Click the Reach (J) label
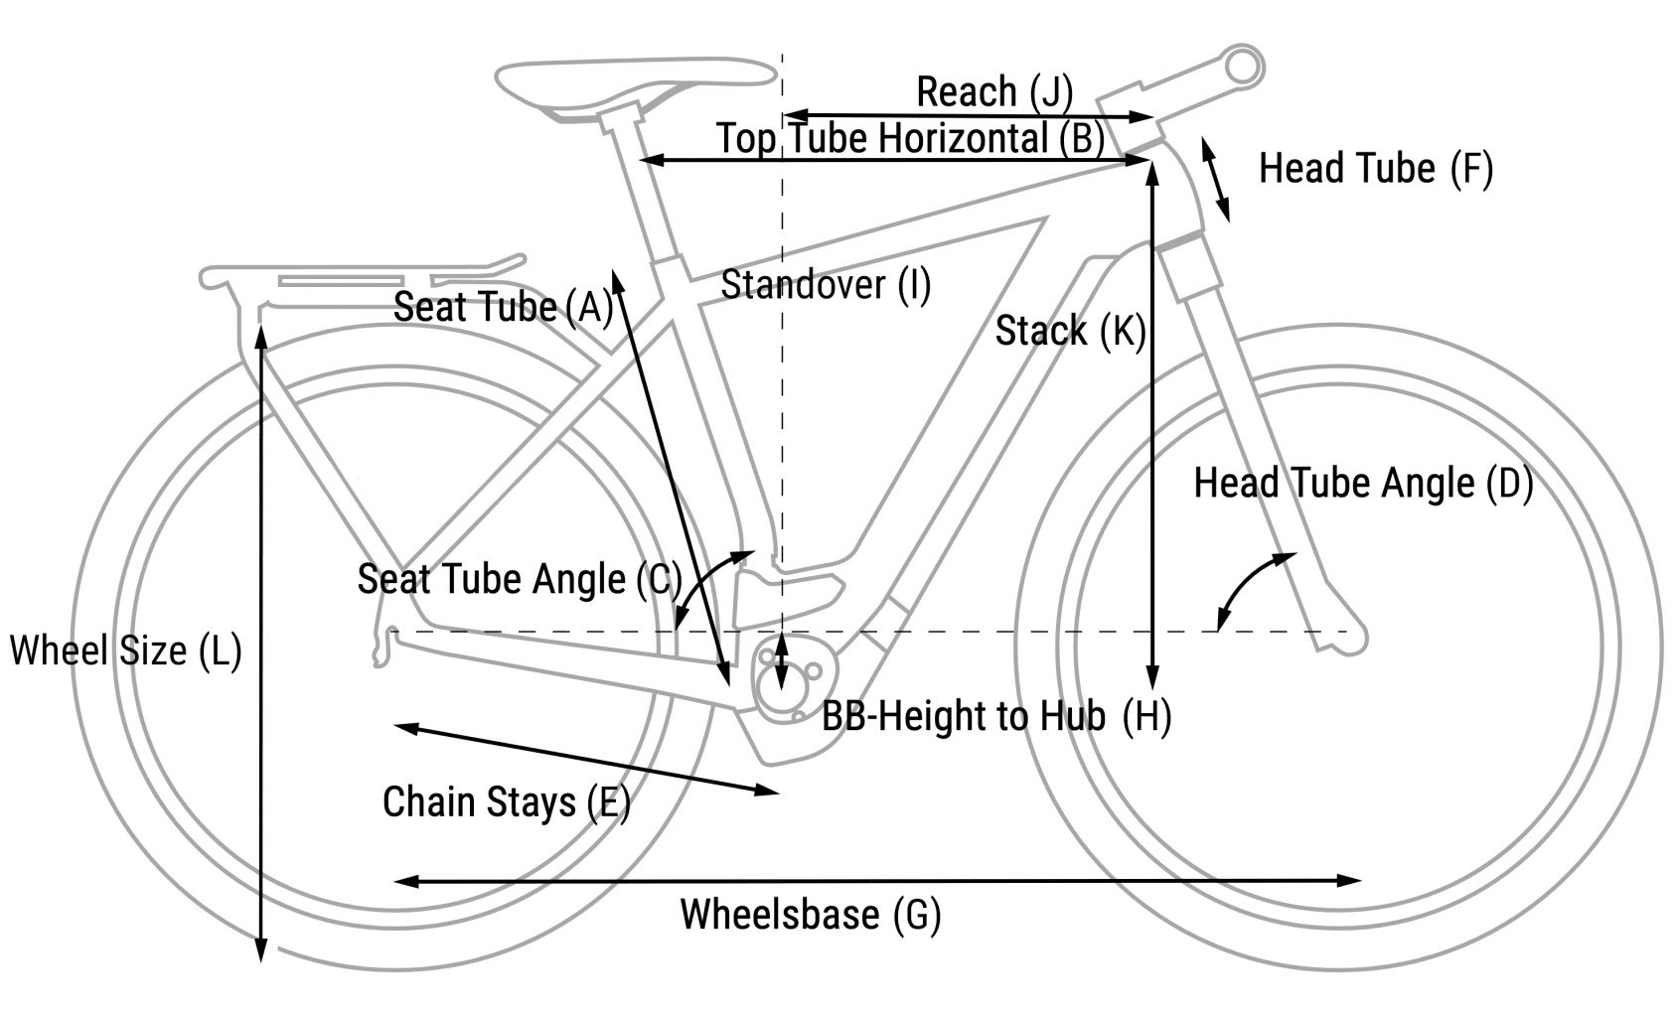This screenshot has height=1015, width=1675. pos(993,92)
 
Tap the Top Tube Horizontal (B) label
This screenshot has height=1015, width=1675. pos(910,138)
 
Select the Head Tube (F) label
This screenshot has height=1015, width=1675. pos(1375,169)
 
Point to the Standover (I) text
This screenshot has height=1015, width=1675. pos(825,285)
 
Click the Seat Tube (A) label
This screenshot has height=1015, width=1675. pos(503,307)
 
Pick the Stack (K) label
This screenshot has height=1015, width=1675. pos(1070,331)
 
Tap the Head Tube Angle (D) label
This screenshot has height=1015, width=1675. pos(1362,484)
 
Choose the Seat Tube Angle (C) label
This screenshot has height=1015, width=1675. pos(519,579)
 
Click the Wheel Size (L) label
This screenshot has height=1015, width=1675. pos(125,652)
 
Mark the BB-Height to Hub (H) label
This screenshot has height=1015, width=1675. pos(995,716)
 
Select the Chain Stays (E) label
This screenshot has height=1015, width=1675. pos(506,801)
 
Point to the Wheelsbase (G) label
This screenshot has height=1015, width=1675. pos(810,914)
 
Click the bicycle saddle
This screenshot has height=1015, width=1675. pos(636,79)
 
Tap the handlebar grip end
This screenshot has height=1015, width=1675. pos(1243,66)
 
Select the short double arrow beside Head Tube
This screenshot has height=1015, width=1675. pos(1215,180)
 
